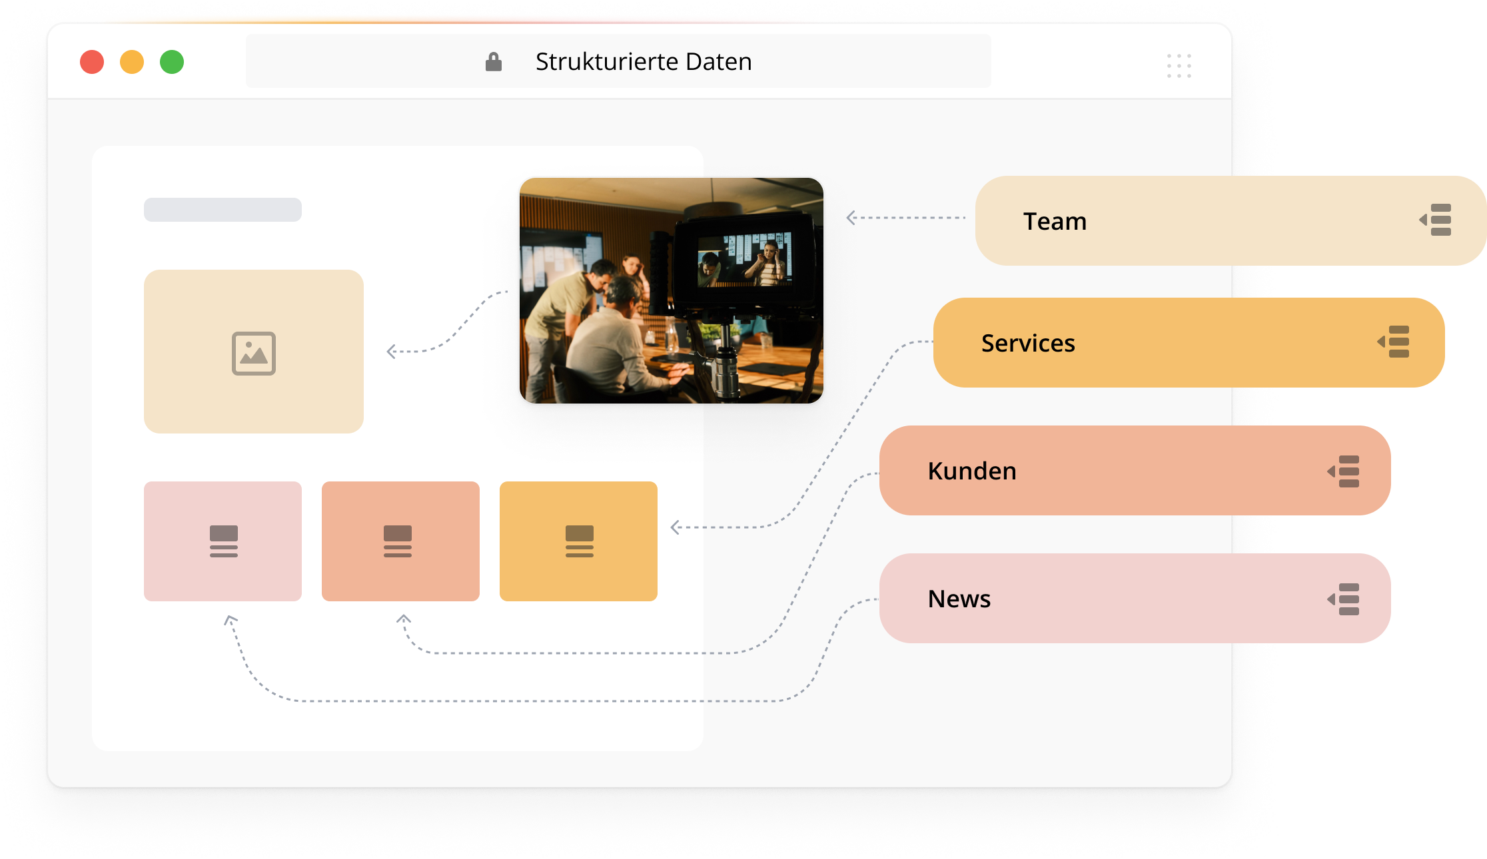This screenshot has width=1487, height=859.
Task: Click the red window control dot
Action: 92,62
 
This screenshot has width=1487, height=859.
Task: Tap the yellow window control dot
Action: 131,62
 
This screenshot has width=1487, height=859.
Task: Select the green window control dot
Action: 172,62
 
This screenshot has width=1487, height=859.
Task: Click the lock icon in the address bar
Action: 493,62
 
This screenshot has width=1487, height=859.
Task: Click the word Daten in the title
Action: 719,62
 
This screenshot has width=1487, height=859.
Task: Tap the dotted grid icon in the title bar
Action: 1179,66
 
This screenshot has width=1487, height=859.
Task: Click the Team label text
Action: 1055,221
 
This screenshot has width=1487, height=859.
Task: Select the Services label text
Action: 1028,343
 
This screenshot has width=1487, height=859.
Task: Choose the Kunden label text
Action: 972,471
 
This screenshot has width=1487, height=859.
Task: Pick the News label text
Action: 959,599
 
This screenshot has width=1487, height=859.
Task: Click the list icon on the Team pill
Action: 1435,220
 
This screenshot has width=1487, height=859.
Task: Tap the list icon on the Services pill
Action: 1393,342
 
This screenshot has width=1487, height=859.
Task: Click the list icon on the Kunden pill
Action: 1344,471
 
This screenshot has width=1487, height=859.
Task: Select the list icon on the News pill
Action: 1344,599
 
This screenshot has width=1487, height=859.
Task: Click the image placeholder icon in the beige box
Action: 254,353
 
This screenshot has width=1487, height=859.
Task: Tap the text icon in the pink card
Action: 224,541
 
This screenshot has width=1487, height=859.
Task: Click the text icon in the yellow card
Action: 580,541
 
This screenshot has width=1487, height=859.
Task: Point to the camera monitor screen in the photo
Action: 744,260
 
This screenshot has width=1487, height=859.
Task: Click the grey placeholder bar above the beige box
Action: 223,210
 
